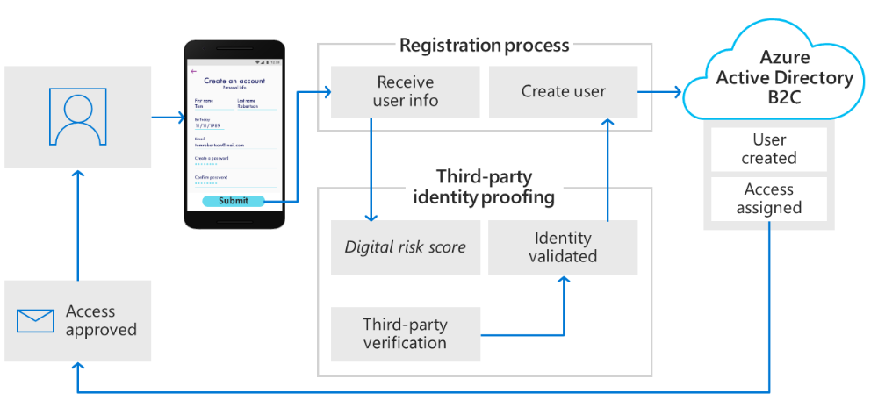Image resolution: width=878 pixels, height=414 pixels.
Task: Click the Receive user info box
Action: (x=406, y=91)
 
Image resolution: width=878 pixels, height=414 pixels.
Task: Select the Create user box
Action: (x=563, y=91)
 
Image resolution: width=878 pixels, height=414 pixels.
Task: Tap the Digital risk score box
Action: (x=406, y=246)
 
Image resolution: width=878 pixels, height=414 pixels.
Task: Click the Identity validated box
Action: (x=563, y=246)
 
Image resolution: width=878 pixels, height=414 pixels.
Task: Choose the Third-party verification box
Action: (x=406, y=334)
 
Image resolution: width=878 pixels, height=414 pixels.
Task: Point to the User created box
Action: (x=768, y=149)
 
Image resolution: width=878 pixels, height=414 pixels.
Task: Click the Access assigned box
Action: (x=768, y=199)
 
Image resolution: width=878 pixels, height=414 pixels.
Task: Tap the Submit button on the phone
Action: (x=234, y=201)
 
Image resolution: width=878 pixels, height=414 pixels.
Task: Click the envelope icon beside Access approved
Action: (x=36, y=321)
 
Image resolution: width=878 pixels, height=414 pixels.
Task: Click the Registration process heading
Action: (x=484, y=45)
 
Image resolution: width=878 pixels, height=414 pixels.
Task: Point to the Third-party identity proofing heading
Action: (x=484, y=187)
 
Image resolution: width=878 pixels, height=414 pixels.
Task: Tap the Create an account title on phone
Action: (x=234, y=81)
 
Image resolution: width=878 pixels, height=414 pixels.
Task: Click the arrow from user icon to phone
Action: (x=164, y=116)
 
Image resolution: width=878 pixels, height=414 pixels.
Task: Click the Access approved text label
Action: (x=101, y=321)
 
